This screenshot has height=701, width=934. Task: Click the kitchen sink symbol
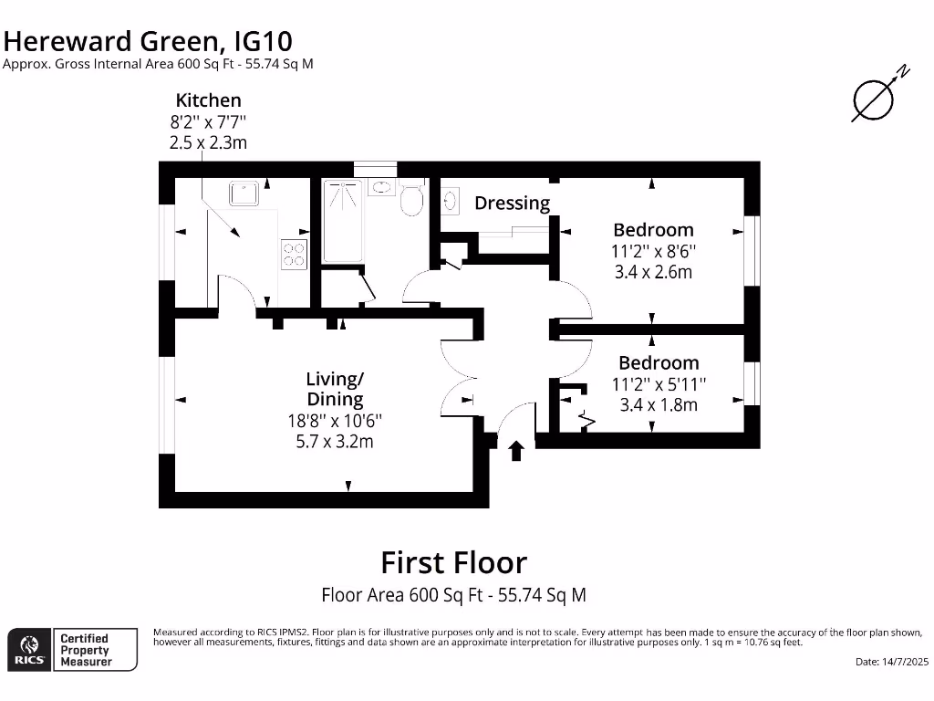pyautogui.click(x=245, y=194)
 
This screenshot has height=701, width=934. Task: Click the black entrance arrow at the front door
pyautogui.click(x=516, y=450)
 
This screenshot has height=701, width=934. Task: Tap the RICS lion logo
pyautogui.click(x=28, y=649)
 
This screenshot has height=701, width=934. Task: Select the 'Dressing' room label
pyautogui.click(x=512, y=203)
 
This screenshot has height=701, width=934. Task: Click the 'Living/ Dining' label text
pyautogui.click(x=335, y=389)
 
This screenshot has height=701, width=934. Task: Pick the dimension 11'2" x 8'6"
pyautogui.click(x=652, y=251)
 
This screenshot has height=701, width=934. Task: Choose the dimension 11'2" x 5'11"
pyautogui.click(x=658, y=384)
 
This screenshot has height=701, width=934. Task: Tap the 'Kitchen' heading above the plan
pyautogui.click(x=209, y=100)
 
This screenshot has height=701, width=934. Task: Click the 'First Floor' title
pyautogui.click(x=453, y=561)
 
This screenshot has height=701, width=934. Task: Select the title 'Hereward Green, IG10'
pyautogui.click(x=149, y=40)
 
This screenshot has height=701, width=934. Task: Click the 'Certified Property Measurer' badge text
pyautogui.click(x=85, y=650)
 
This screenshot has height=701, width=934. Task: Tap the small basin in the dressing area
pyautogui.click(x=450, y=200)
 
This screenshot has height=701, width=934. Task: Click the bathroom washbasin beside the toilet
pyautogui.click(x=383, y=188)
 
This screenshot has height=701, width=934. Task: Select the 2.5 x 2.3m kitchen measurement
pyautogui.click(x=208, y=142)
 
